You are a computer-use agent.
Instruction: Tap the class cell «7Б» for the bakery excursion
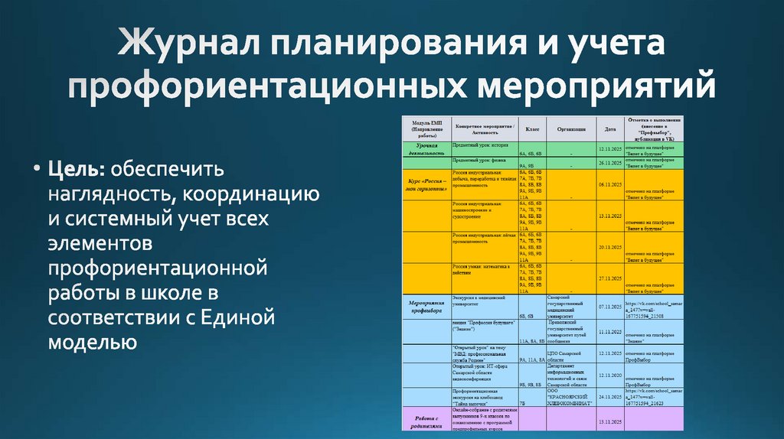tap(522, 402)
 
